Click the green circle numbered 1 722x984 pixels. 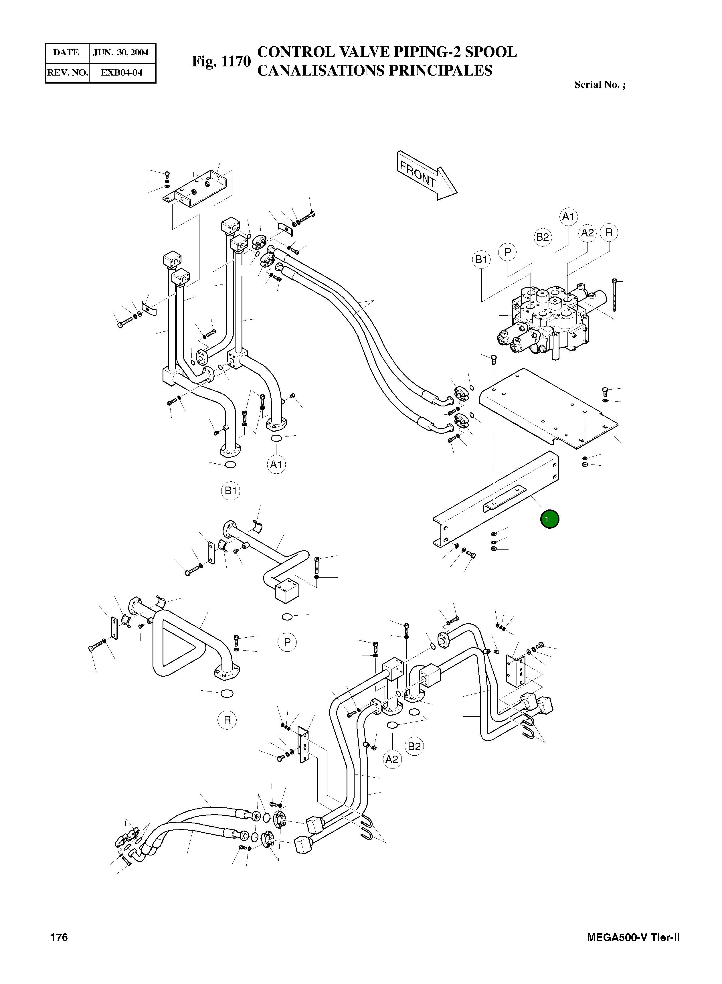(549, 519)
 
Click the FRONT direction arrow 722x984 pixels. (426, 175)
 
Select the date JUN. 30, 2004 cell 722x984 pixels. (121, 52)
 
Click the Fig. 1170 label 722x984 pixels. (221, 62)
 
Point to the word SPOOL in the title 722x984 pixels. (490, 52)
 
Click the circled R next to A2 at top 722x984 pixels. (609, 233)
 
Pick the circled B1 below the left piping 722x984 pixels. (230, 491)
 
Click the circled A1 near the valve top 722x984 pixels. (568, 216)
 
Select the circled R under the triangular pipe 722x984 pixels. (227, 720)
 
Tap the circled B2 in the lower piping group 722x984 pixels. (414, 746)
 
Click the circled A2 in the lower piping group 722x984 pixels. (392, 759)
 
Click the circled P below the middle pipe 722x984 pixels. (287, 642)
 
